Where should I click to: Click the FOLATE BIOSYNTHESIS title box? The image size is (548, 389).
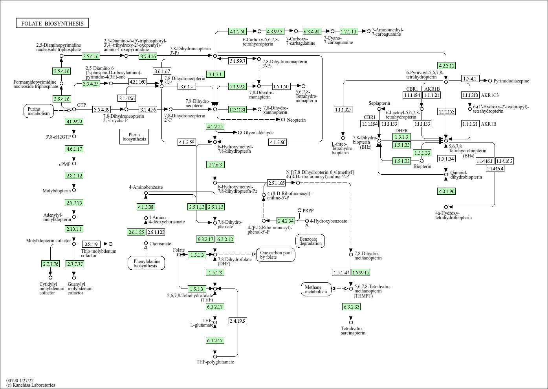pos(52,24)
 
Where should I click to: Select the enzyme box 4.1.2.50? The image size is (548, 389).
pos(238,31)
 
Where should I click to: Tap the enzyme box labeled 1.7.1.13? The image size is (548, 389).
pos(348,31)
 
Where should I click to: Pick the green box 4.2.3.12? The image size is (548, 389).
pos(446,66)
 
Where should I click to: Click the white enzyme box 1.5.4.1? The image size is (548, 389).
pos(470,79)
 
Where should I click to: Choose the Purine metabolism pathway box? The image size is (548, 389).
pos(39,111)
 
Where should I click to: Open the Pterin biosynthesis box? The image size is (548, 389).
pos(134,136)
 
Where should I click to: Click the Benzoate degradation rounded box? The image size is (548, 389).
pos(310,241)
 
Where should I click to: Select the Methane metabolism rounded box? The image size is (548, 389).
pos(316,289)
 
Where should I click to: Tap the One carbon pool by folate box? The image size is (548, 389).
pos(275,255)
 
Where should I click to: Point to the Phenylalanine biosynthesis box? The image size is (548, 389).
pos(146,263)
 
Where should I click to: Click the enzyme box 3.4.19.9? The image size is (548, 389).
pos(238,321)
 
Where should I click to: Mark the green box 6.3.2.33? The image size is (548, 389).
pos(351,307)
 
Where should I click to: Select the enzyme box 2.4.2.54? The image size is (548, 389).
pos(286,221)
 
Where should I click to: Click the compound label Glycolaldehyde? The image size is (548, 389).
pos(258,133)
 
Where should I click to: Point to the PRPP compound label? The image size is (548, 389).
pos(308,210)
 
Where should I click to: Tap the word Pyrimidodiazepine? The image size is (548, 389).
pos(511,81)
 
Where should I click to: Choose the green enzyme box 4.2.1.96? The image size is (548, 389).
pos(446,191)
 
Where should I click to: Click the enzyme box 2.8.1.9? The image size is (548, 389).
pos(91,244)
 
